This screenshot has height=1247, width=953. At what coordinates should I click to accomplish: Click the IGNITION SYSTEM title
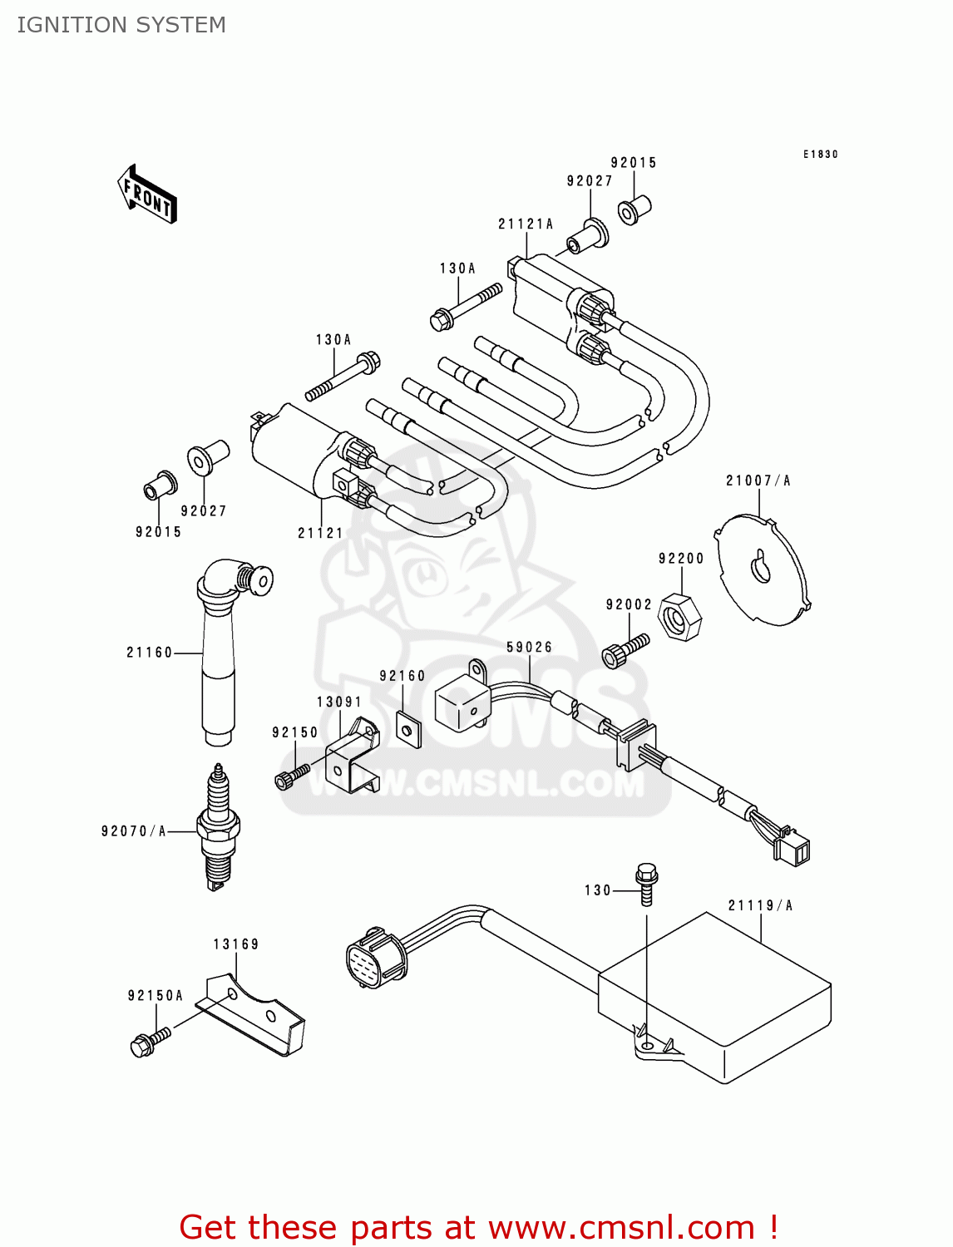click(x=121, y=25)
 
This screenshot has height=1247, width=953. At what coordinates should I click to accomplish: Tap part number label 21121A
click(x=525, y=224)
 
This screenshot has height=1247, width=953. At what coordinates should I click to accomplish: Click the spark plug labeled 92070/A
click(x=218, y=826)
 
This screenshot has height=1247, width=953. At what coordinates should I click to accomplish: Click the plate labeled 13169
click(x=254, y=1014)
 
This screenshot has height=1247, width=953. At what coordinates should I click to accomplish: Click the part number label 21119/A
click(x=760, y=905)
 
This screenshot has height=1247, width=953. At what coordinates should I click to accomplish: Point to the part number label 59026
click(x=529, y=647)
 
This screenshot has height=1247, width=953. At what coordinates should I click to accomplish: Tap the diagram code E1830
click(x=820, y=154)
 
